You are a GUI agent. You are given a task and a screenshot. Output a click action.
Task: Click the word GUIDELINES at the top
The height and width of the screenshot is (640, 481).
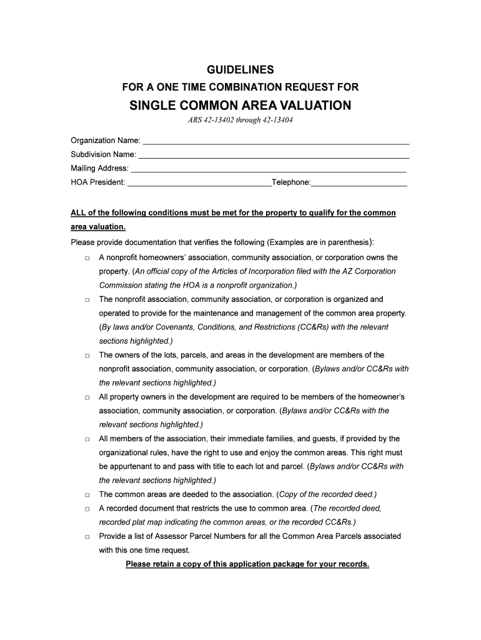pyautogui.click(x=241, y=69)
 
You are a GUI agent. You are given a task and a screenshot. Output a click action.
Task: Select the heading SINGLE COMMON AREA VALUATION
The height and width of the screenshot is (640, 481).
pyautogui.click(x=241, y=105)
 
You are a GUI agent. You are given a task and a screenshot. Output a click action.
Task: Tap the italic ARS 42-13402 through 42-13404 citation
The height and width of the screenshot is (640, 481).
pyautogui.click(x=241, y=120)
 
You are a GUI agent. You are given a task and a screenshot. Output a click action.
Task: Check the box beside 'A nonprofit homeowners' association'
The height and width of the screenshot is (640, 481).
pyautogui.click(x=87, y=258)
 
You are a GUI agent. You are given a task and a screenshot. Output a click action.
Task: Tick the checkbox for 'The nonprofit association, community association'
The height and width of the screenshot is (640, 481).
pyautogui.click(x=87, y=300)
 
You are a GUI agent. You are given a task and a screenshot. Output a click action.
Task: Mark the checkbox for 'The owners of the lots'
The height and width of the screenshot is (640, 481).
pyautogui.click(x=87, y=356)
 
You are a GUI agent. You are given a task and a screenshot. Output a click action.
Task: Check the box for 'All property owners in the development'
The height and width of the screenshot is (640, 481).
pyautogui.click(x=87, y=397)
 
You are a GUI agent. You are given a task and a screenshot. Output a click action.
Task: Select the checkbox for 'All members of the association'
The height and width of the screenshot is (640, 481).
pyautogui.click(x=87, y=439)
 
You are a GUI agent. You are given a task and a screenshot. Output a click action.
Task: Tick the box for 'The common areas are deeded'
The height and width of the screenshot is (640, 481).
pyautogui.click(x=87, y=495)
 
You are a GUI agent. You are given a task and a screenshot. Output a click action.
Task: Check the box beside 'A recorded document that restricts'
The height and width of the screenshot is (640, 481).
pyautogui.click(x=87, y=509)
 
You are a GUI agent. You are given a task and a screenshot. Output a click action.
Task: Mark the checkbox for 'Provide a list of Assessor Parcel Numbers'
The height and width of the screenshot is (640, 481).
pyautogui.click(x=87, y=537)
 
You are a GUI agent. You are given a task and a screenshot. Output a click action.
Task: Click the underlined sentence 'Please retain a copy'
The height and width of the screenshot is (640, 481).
pyautogui.click(x=247, y=564)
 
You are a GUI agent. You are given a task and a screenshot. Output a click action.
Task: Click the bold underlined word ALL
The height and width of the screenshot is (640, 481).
pyautogui.click(x=78, y=213)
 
